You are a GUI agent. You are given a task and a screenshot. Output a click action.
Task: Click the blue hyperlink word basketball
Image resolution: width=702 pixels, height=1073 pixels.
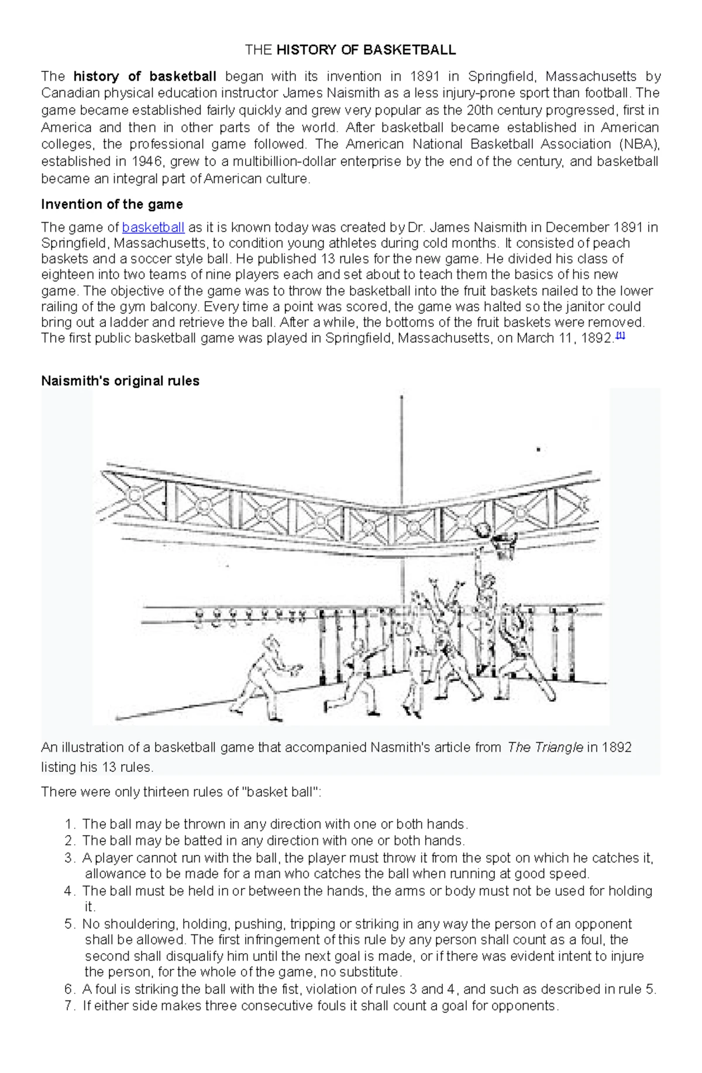pos(153,227)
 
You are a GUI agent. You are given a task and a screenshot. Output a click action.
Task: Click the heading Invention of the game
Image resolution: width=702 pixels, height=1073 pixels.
pos(112,204)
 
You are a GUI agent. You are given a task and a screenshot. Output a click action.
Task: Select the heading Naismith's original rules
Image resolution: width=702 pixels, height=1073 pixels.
pos(120,381)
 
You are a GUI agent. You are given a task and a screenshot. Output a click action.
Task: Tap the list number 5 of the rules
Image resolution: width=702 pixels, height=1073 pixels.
pos(70,924)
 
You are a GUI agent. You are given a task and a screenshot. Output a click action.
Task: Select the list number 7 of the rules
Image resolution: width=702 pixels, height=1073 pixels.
pos(70,1006)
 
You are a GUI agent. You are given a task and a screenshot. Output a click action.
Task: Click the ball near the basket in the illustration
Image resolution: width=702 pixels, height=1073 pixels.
pos(483,530)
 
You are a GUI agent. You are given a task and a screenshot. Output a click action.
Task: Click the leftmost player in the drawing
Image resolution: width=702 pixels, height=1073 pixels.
pos(265,675)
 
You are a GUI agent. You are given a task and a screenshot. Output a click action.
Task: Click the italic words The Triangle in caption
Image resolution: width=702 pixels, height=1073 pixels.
pos(545,747)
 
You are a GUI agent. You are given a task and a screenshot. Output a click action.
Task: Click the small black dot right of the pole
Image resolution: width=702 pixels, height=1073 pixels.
pos(538,450)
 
